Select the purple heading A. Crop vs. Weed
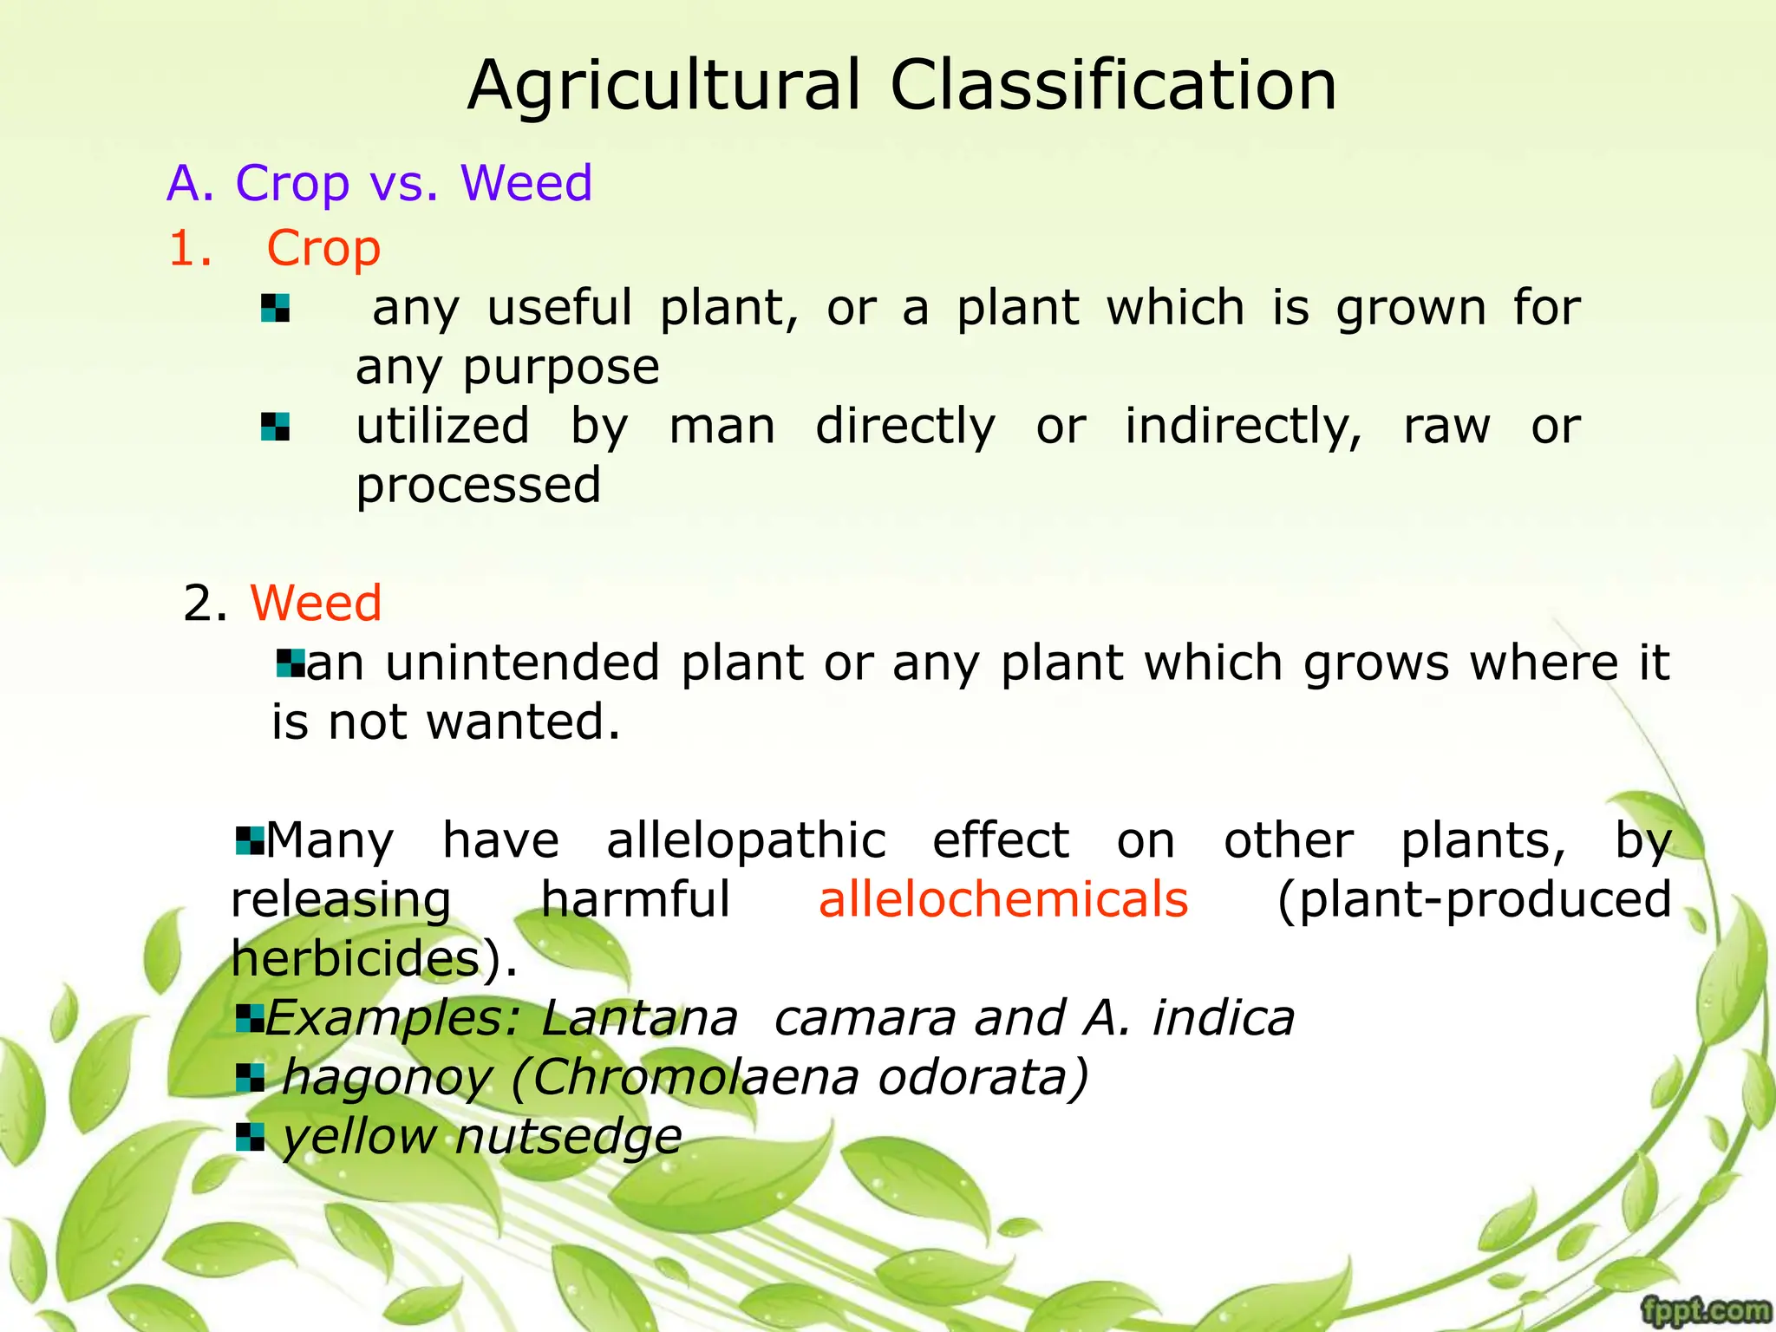(x=379, y=183)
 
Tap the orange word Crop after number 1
(x=323, y=249)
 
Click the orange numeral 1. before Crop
(x=190, y=249)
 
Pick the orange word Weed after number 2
(x=317, y=603)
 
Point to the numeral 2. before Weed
(x=205, y=603)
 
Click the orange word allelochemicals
(x=1003, y=899)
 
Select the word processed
(x=478, y=486)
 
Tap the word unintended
(x=523, y=663)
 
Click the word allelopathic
(x=746, y=840)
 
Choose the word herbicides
(x=356, y=959)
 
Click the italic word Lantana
(x=639, y=1018)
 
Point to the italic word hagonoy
(x=387, y=1078)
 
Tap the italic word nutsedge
(x=568, y=1136)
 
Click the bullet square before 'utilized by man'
(x=275, y=427)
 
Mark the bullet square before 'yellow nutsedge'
(x=250, y=1137)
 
